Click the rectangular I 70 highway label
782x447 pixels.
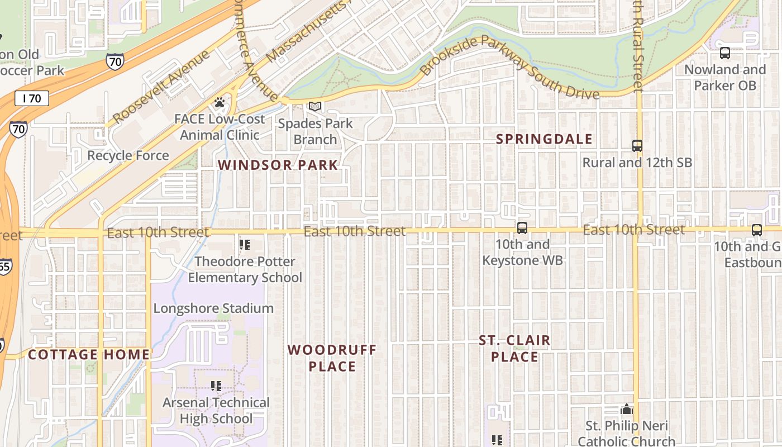pyautogui.click(x=32, y=99)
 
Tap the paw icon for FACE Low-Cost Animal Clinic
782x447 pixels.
pyautogui.click(x=220, y=103)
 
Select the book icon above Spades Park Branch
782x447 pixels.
pyautogui.click(x=315, y=106)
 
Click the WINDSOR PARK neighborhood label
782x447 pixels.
pyautogui.click(x=278, y=165)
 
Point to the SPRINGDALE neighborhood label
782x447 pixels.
pyautogui.click(x=544, y=139)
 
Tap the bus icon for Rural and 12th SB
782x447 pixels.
pyautogui.click(x=637, y=146)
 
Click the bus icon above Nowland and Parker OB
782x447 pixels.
pyautogui.click(x=724, y=54)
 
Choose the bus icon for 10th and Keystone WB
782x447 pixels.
pyautogui.click(x=522, y=227)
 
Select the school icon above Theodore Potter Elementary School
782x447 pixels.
pyautogui.click(x=245, y=245)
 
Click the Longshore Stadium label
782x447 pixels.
pyautogui.click(x=213, y=308)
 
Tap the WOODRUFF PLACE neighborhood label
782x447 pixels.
pyautogui.click(x=332, y=358)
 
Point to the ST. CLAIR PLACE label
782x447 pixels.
pyautogui.click(x=514, y=348)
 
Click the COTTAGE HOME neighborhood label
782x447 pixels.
pyautogui.click(x=89, y=354)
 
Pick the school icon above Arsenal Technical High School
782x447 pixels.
pyautogui.click(x=216, y=386)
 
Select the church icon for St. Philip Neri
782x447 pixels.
pyautogui.click(x=627, y=410)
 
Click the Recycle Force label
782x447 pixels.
pyautogui.click(x=128, y=155)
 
